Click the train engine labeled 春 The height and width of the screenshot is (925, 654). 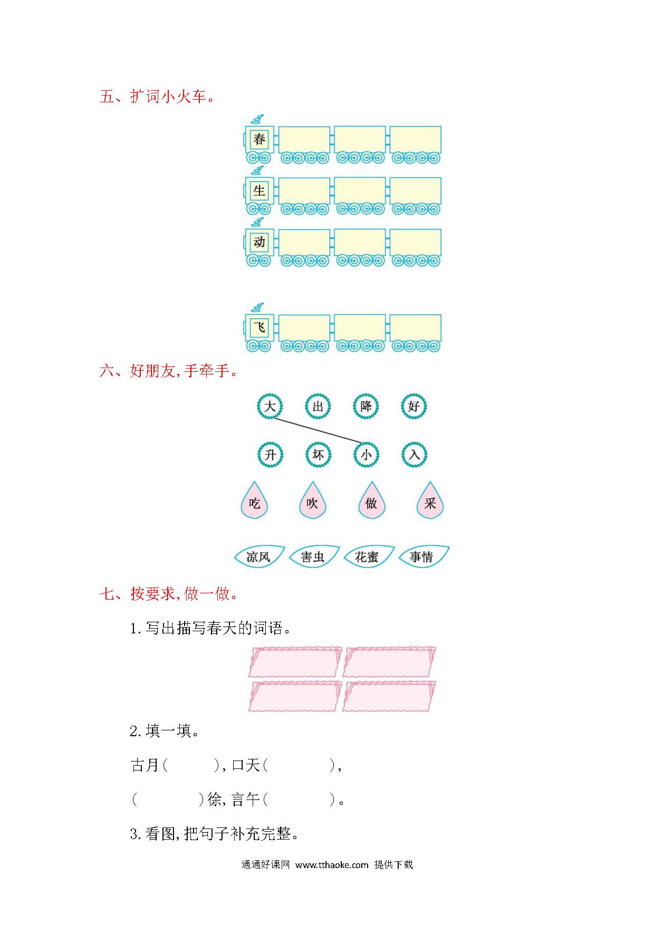258,140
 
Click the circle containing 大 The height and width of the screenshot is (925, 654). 270,407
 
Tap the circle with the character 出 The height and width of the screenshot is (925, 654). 318,407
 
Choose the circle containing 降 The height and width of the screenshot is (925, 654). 366,407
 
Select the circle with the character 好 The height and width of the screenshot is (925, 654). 413,407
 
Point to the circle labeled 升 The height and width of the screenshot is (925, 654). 270,455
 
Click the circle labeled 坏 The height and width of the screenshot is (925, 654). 318,455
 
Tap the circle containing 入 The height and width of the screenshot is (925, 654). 414,455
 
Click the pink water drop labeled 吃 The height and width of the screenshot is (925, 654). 254,502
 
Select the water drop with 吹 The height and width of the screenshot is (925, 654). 312,502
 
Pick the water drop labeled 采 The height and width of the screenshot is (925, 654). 430,502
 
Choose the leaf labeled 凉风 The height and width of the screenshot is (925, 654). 258,556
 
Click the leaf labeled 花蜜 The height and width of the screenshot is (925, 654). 368,556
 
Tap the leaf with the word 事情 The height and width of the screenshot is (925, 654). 422,556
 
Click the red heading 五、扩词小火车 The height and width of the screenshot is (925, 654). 157,97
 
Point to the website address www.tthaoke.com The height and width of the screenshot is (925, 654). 332,864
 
